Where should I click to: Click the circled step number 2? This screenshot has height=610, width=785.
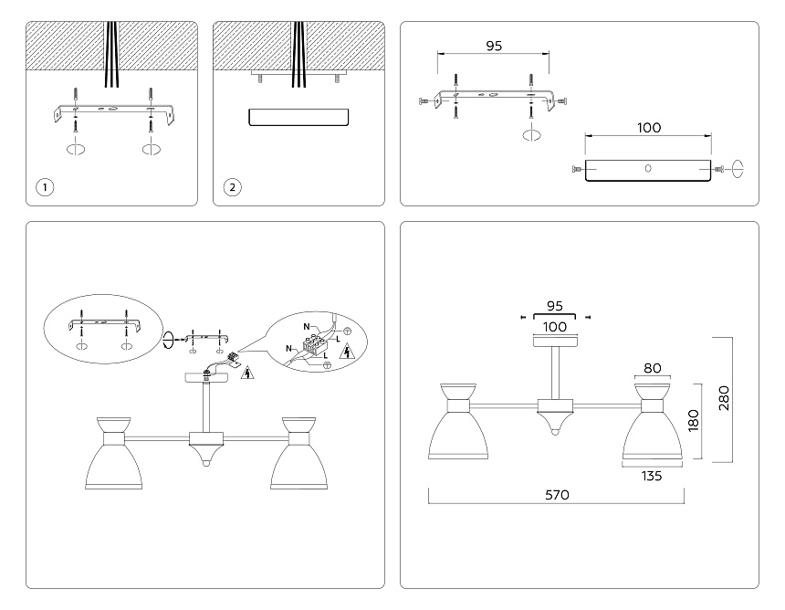(233, 188)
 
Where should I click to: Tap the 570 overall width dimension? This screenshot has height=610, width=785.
(557, 495)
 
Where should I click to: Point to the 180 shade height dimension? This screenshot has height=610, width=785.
(694, 420)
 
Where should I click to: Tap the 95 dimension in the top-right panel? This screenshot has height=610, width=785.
(494, 46)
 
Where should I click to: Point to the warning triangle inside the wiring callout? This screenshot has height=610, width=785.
(345, 351)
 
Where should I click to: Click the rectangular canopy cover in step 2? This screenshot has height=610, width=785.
(298, 117)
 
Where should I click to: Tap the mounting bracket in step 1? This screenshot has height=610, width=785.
(111, 114)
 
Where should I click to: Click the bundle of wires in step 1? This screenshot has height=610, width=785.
(113, 55)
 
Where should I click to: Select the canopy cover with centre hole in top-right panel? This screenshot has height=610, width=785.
(647, 171)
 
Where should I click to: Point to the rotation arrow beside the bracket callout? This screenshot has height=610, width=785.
(167, 340)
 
